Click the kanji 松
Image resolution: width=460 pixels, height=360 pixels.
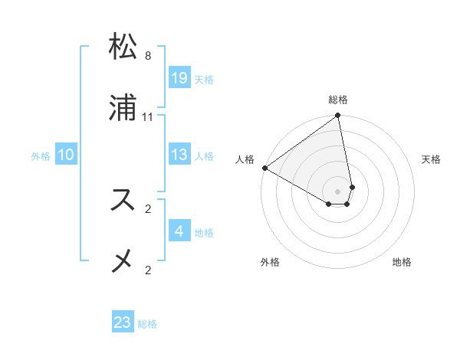click(124, 47)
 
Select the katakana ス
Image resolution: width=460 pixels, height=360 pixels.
click(124, 200)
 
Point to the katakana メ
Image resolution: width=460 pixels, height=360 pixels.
click(124, 260)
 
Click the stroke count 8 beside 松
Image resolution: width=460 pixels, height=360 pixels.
click(148, 56)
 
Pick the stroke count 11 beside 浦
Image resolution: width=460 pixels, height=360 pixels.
click(148, 116)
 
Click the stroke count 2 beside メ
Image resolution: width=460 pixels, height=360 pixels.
click(148, 270)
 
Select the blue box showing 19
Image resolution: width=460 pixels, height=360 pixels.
click(179, 78)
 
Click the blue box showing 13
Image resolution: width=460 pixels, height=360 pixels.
click(179, 155)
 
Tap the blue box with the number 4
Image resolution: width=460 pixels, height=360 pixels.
click(179, 231)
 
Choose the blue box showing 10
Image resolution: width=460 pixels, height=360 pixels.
click(66, 155)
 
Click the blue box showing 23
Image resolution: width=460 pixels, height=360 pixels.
click(123, 322)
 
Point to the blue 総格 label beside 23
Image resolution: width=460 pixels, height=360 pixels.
click(147, 324)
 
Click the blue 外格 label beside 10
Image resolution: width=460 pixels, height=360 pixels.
click(41, 156)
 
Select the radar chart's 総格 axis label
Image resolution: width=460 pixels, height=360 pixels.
click(338, 100)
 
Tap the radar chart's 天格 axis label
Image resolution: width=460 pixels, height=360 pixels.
click(431, 159)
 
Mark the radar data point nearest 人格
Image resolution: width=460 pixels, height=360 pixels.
click(264, 168)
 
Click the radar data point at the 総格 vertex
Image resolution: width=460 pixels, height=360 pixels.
click(338, 116)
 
